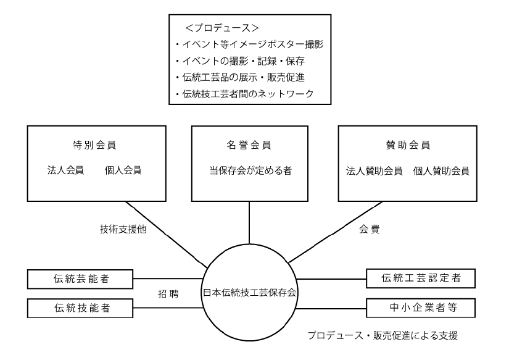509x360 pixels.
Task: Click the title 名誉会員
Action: click(x=249, y=146)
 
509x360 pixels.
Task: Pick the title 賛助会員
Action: click(x=407, y=146)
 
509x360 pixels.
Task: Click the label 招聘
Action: click(x=168, y=294)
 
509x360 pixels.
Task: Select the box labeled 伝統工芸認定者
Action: click(x=421, y=278)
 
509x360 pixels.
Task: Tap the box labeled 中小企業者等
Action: click(x=421, y=307)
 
